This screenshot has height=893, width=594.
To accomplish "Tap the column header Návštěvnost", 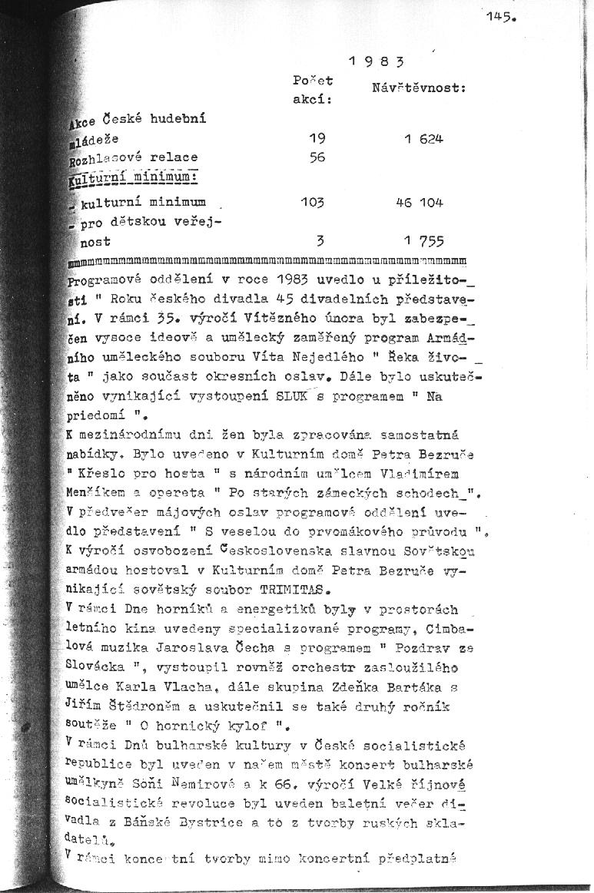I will pyautogui.click(x=420, y=89).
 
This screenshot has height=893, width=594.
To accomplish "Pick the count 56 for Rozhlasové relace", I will pyautogui.click(x=317, y=157).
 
